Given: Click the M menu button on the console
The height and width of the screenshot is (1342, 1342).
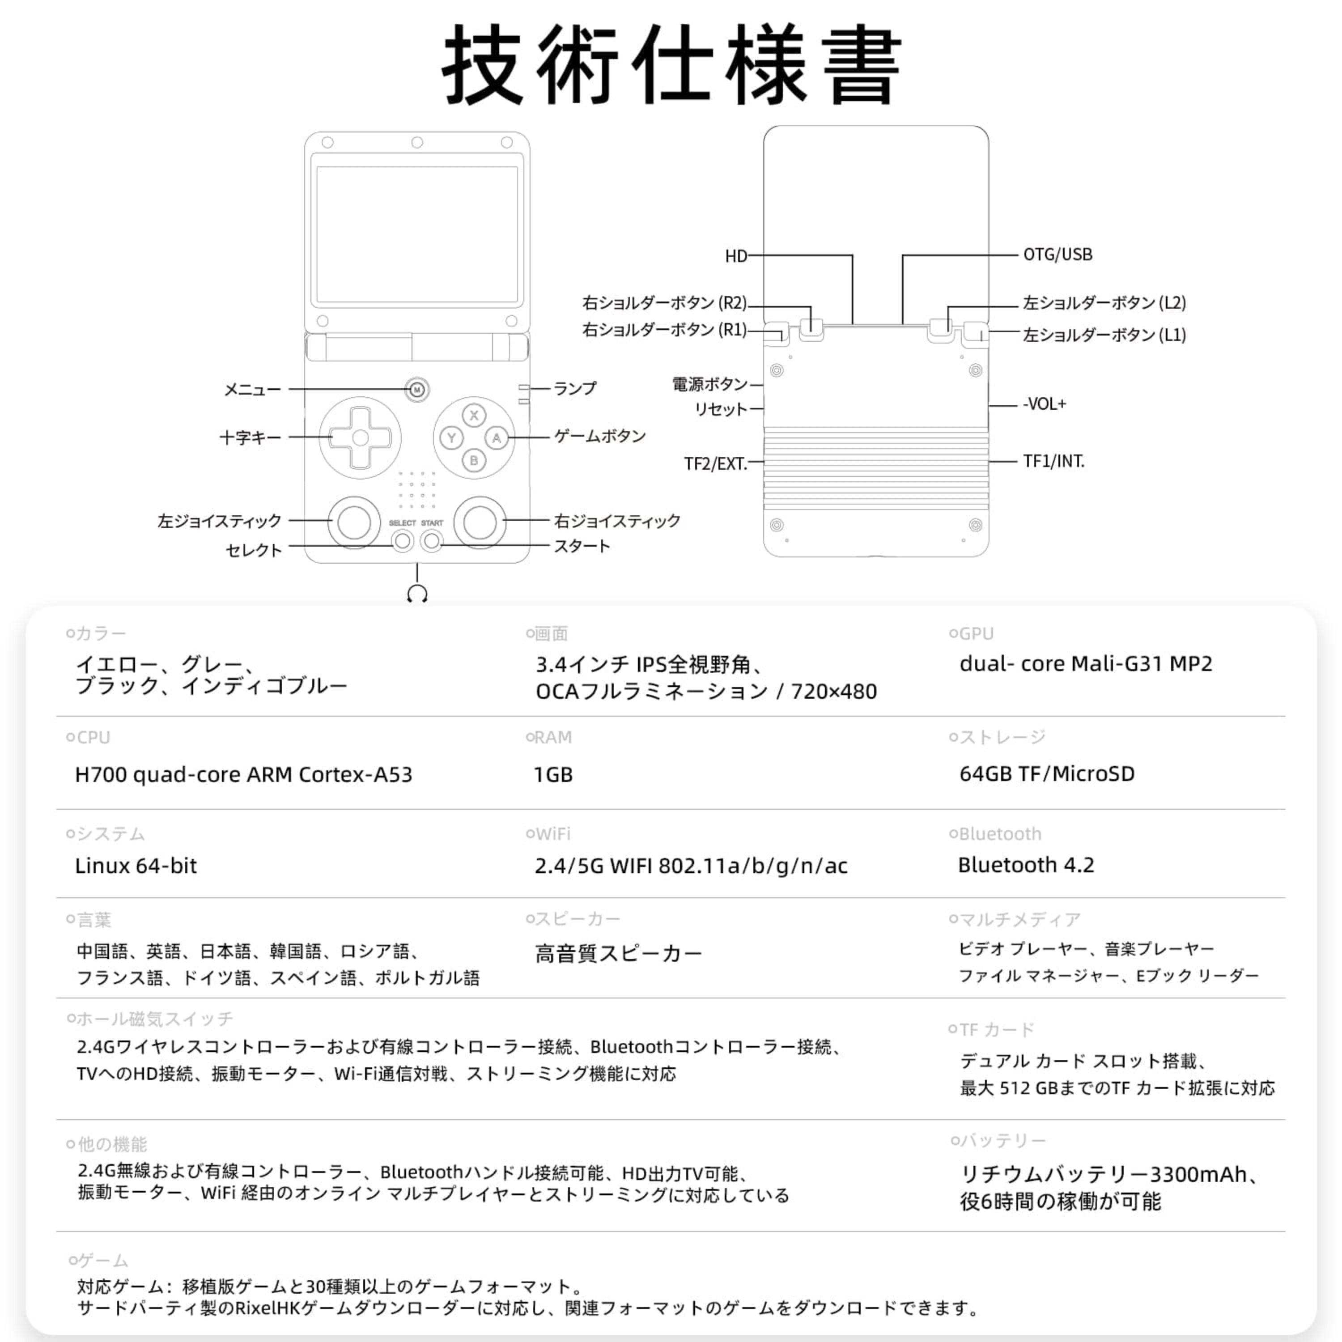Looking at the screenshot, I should click(x=417, y=390).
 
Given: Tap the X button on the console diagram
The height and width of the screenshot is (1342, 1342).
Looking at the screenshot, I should click(x=474, y=416).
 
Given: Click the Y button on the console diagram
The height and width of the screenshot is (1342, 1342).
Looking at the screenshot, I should click(x=451, y=437).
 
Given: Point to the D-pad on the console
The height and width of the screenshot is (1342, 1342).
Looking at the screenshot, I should click(x=360, y=437).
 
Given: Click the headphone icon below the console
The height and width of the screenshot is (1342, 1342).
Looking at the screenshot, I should click(x=417, y=594).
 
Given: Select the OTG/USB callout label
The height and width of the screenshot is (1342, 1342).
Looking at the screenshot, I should click(x=1057, y=255).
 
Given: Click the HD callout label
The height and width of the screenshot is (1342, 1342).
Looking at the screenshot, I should click(x=735, y=256).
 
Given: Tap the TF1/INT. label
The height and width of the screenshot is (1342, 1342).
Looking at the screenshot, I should click(x=1053, y=461).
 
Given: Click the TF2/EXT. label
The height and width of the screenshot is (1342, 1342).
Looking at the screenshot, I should click(x=715, y=463).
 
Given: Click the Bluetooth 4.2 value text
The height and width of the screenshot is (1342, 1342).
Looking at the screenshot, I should click(x=1026, y=865).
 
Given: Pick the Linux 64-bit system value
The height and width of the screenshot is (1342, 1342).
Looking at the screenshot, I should click(x=136, y=866).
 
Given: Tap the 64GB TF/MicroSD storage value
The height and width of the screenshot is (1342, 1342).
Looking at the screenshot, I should click(x=1047, y=774).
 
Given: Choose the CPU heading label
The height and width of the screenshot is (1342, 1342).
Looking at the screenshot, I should click(x=93, y=737).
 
